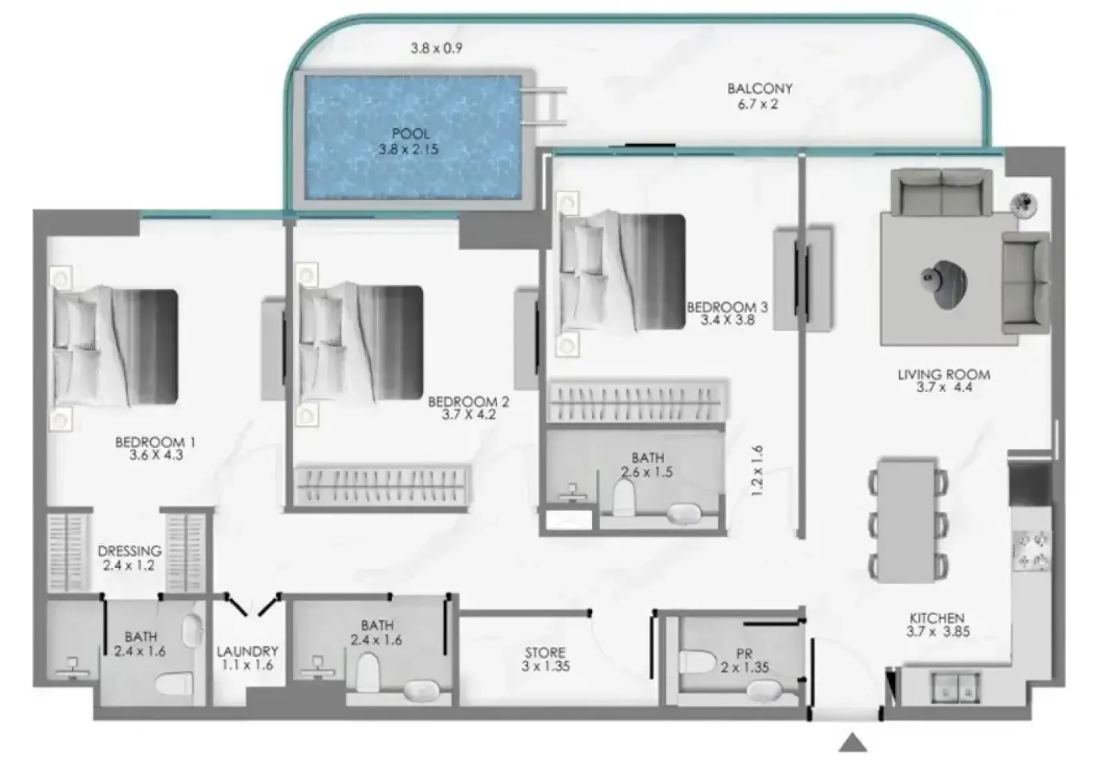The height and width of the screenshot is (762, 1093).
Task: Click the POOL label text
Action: [411, 133]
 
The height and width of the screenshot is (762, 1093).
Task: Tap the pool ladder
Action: [544, 106]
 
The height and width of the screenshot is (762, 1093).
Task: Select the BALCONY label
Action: [760, 89]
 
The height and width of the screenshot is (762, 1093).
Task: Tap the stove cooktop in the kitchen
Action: [1031, 551]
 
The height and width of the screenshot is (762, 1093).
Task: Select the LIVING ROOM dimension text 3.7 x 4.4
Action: [944, 388]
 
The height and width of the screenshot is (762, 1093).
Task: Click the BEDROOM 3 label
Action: [727, 308]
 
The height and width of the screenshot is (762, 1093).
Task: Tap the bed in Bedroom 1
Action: [115, 348]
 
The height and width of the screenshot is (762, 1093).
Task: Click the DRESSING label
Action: [130, 551]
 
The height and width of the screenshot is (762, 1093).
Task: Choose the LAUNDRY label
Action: [247, 651]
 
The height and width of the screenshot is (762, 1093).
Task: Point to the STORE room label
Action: [545, 652]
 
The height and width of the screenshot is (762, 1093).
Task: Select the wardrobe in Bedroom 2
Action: [382, 486]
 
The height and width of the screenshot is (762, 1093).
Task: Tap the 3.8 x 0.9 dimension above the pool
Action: [436, 48]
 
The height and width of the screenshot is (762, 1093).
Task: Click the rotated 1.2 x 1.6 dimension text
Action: [757, 471]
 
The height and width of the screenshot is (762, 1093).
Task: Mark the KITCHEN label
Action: [937, 618]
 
